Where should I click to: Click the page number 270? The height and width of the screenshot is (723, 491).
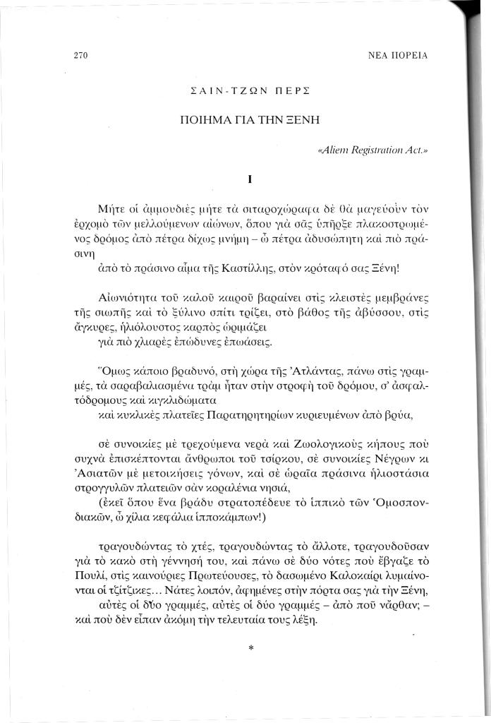point(80,55)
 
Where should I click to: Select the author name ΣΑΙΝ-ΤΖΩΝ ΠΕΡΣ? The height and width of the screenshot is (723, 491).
point(251,92)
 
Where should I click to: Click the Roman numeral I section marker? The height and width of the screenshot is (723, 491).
point(250,179)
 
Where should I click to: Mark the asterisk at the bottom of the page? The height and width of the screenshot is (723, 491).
point(250,646)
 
